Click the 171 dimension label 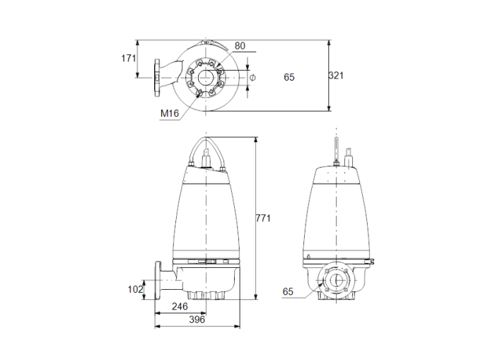(x=128, y=59)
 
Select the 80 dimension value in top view (x=240, y=46)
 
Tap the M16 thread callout (x=168, y=113)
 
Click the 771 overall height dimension (x=263, y=218)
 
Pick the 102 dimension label (x=135, y=288)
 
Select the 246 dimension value (x=180, y=307)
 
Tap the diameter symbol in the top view (x=253, y=76)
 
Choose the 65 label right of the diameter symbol (x=289, y=76)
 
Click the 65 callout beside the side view (x=288, y=291)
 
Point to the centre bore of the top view (x=205, y=77)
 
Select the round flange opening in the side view (x=335, y=279)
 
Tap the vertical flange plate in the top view (x=156, y=77)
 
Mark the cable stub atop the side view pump (x=335, y=153)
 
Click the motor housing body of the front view (x=205, y=212)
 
